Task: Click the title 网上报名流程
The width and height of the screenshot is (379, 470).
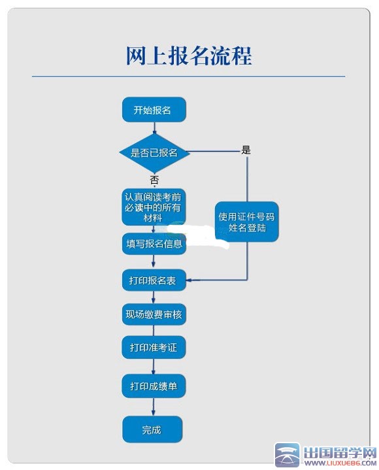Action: (x=188, y=56)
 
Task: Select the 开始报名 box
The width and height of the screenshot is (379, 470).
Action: (x=154, y=110)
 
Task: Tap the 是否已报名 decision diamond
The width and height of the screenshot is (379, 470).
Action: (x=154, y=152)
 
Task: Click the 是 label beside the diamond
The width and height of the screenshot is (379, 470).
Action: (x=246, y=150)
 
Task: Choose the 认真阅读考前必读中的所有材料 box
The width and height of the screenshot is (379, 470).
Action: (x=154, y=207)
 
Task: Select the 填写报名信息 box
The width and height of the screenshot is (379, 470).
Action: (x=154, y=244)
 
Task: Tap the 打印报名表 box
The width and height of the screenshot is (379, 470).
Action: (x=154, y=280)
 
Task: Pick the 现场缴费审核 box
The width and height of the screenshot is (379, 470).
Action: (x=154, y=314)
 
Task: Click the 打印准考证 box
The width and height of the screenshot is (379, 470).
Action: (x=154, y=347)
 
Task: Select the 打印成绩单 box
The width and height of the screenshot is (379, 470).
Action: (x=154, y=386)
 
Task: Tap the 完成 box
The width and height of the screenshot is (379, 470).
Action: (x=152, y=429)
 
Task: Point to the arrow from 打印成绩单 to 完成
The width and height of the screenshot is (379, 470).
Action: (x=154, y=407)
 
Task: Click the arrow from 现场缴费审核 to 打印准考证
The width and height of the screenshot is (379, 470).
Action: (x=154, y=331)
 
